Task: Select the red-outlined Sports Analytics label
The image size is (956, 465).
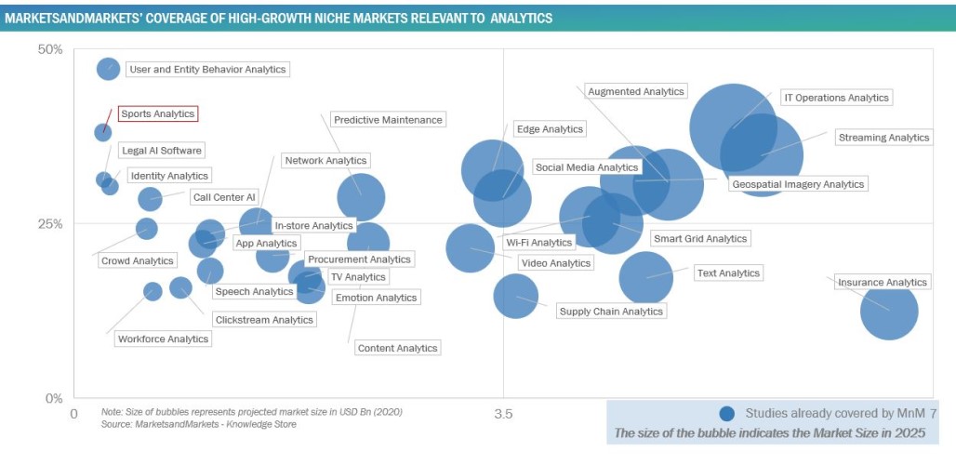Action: click(158, 113)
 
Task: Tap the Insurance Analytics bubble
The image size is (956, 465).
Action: click(890, 311)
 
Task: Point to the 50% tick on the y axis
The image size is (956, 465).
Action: click(48, 49)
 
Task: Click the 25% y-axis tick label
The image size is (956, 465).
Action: click(48, 224)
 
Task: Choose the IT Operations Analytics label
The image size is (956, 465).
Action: click(835, 98)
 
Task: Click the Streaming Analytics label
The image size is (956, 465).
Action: click(883, 138)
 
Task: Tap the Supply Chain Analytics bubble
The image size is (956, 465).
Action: click(516, 295)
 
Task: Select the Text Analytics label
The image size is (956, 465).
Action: click(727, 273)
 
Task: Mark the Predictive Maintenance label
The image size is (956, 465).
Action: click(388, 120)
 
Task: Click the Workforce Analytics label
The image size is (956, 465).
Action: click(163, 339)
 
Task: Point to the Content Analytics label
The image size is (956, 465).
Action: click(397, 348)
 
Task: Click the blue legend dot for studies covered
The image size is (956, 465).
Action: click(727, 412)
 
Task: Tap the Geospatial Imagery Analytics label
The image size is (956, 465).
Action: click(798, 184)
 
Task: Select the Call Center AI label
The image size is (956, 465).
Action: click(223, 197)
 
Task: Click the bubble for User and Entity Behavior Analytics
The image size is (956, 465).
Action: click(109, 69)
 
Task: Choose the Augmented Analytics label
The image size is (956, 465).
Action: click(636, 91)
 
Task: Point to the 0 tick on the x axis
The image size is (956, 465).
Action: click(74, 411)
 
